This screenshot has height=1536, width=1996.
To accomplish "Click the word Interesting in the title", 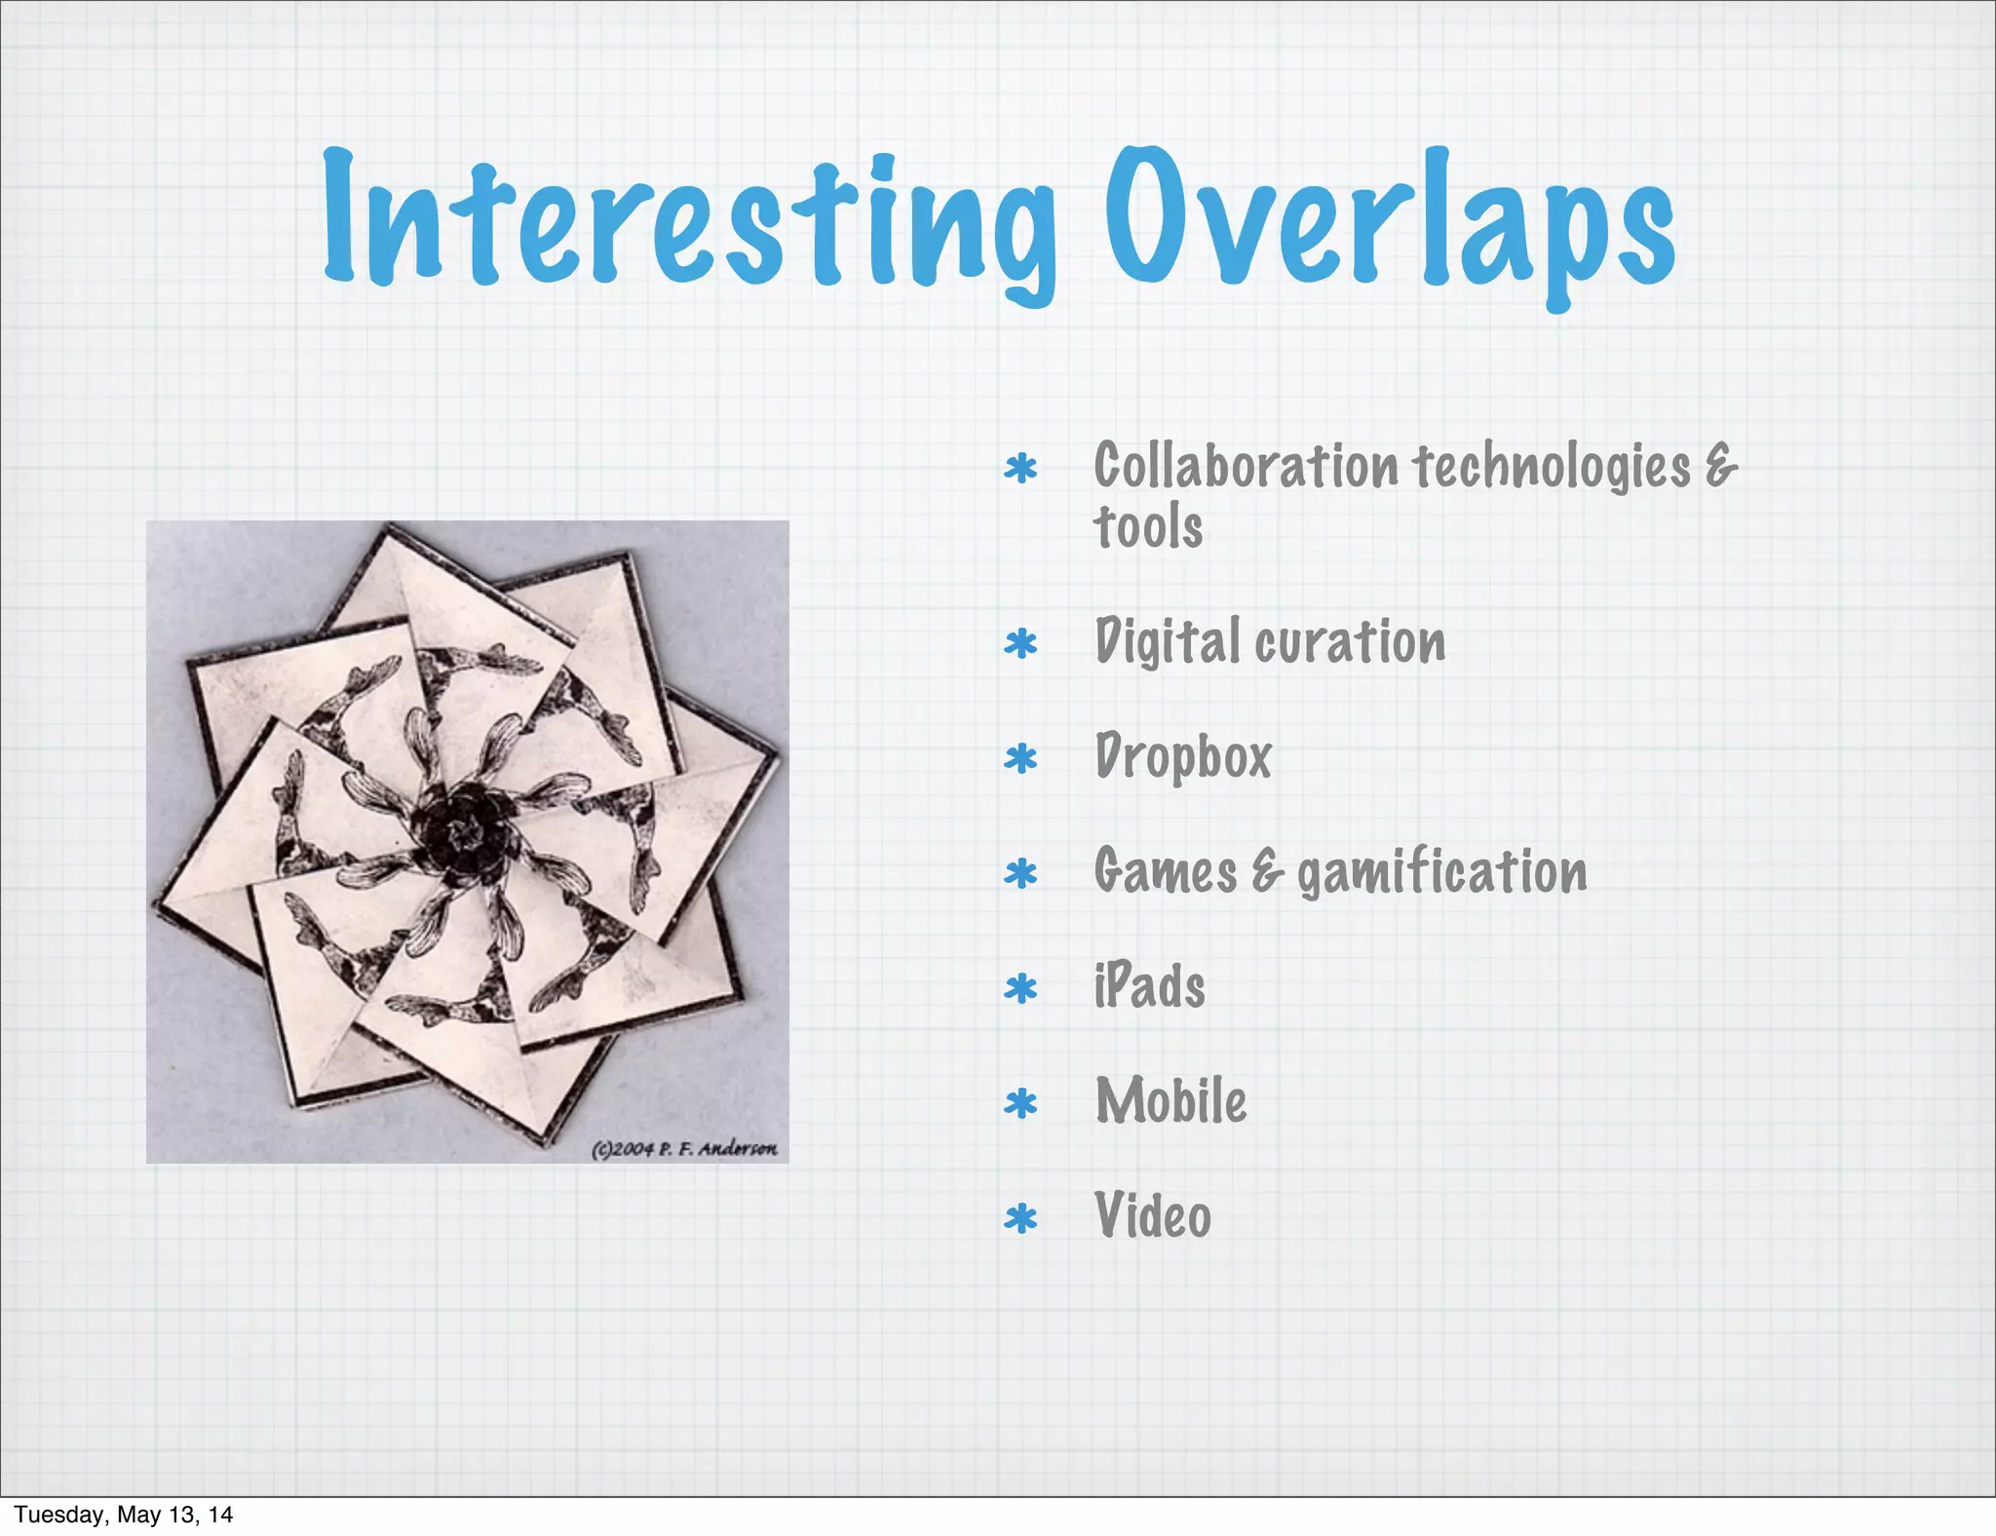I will coord(688,219).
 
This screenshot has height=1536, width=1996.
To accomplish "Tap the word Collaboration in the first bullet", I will coord(1246,466).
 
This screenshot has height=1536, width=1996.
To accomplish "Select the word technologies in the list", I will coord(1552,466).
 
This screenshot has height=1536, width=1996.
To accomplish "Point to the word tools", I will coord(1148,527).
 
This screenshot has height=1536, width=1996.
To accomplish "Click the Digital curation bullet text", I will coord(1269,642).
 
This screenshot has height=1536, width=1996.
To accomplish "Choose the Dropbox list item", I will coord(1183,757).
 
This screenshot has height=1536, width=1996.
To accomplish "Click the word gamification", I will coord(1441,872).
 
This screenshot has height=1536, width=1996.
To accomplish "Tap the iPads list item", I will coord(1149,985).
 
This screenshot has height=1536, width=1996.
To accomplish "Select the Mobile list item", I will coord(1171,1101).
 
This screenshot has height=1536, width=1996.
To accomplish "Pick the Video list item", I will coord(1152,1216).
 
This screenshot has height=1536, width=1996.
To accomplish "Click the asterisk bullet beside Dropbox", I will coord(1020,759).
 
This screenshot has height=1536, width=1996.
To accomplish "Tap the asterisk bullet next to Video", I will coord(1020,1219).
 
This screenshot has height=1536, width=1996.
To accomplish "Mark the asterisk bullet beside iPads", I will coord(1020,989).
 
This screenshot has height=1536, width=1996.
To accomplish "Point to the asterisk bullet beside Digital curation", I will coord(1020,644).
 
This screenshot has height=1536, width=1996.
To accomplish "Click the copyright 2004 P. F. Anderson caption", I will coord(684,1149).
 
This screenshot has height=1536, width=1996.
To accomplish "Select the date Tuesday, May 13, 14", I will coord(124,1514).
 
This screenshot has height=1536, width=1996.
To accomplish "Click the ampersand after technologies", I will coord(1721,466).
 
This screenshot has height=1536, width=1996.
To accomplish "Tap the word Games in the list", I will coord(1165,872).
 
